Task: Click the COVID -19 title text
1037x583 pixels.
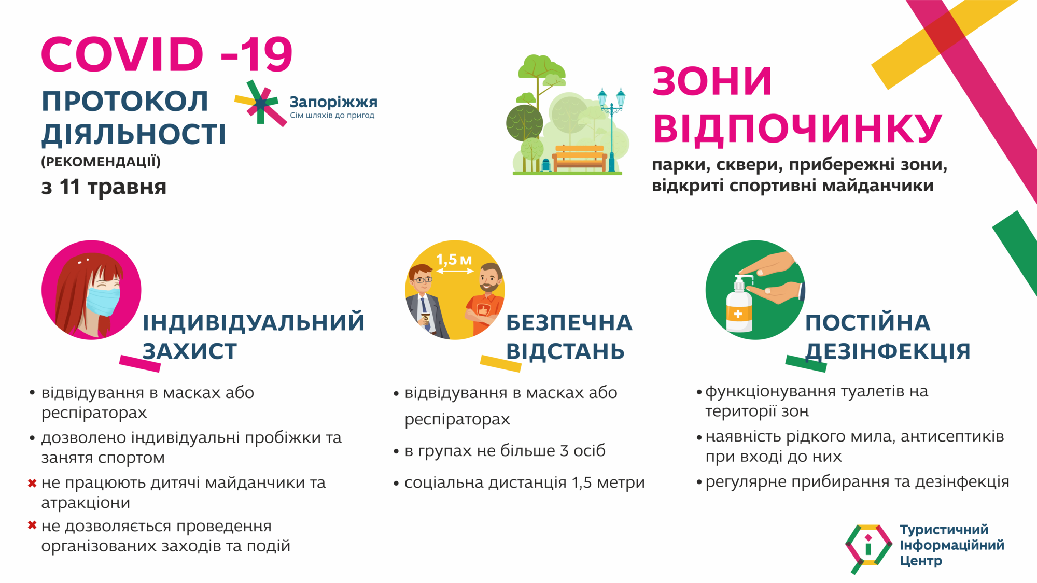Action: (x=167, y=54)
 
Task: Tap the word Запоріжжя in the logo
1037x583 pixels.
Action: (x=333, y=102)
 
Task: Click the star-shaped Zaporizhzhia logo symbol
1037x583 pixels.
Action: (x=261, y=103)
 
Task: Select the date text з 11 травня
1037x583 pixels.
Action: (x=104, y=187)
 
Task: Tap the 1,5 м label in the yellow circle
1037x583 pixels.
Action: (x=454, y=260)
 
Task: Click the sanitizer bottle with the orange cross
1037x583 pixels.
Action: (x=738, y=308)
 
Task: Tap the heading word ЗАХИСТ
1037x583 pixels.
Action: (x=190, y=351)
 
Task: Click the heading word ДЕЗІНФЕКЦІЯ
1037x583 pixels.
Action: (x=888, y=351)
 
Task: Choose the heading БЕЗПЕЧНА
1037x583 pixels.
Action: (x=569, y=323)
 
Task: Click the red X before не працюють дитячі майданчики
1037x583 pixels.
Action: (x=32, y=483)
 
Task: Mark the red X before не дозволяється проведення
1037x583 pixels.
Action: (x=32, y=525)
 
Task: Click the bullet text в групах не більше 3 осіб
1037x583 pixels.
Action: (x=505, y=451)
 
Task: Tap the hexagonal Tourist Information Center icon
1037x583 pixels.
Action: (x=868, y=547)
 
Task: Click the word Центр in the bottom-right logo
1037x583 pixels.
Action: (x=920, y=561)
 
